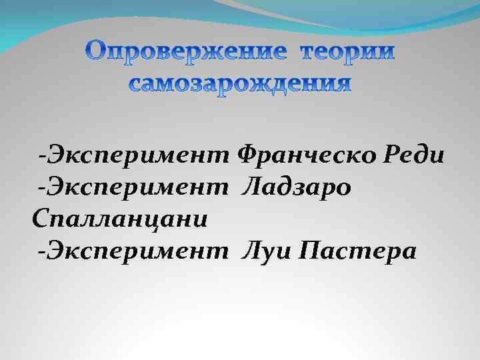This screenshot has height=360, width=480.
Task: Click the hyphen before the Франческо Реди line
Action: [42, 158]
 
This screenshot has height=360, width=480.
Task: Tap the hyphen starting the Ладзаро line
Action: [42, 190]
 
